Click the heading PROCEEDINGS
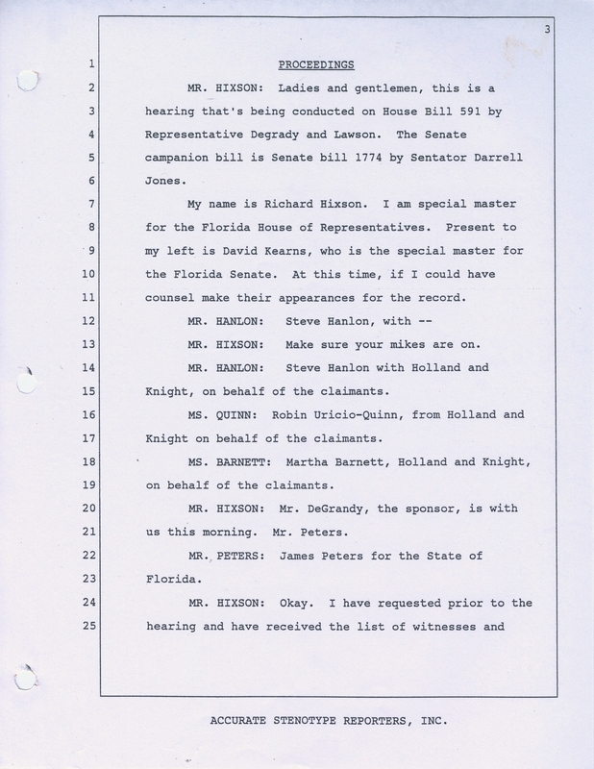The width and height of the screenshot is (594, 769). coord(317,65)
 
